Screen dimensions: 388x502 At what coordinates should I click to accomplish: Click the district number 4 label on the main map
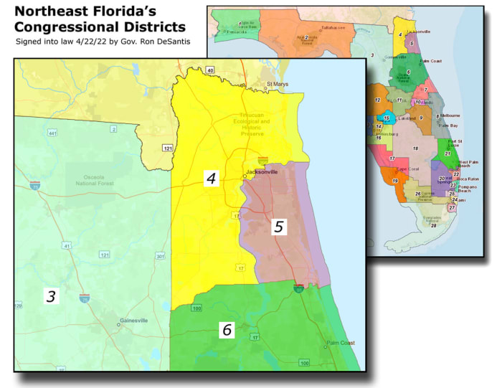click(x=211, y=179)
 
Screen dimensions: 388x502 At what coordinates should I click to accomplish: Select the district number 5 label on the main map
click(x=279, y=227)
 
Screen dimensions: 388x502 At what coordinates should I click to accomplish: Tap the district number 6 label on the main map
click(x=227, y=330)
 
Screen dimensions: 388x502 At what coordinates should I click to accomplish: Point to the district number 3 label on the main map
click(x=51, y=296)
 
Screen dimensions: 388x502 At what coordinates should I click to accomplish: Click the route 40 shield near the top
click(x=210, y=70)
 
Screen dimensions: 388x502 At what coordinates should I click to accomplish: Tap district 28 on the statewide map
click(x=434, y=225)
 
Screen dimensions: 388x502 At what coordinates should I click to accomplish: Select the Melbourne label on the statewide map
click(x=447, y=115)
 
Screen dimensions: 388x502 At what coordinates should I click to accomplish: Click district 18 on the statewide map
click(x=415, y=148)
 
